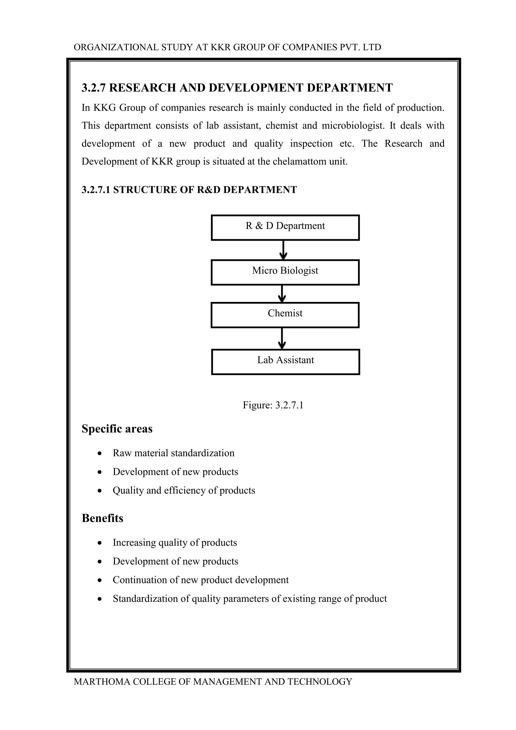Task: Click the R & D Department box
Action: coord(285,227)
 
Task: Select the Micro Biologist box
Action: coord(285,272)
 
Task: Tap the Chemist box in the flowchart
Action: coord(285,315)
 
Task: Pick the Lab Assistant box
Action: coord(285,362)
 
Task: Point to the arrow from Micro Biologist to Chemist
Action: coord(282,293)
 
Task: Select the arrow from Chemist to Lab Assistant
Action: coord(282,338)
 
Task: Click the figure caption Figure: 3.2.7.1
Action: coord(273,405)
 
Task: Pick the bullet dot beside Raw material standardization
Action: coord(100,453)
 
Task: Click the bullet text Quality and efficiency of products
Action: coord(184,490)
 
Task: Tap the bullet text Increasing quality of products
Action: coord(175,542)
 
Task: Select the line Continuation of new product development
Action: coord(201,580)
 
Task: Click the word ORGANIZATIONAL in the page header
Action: coord(116,47)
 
